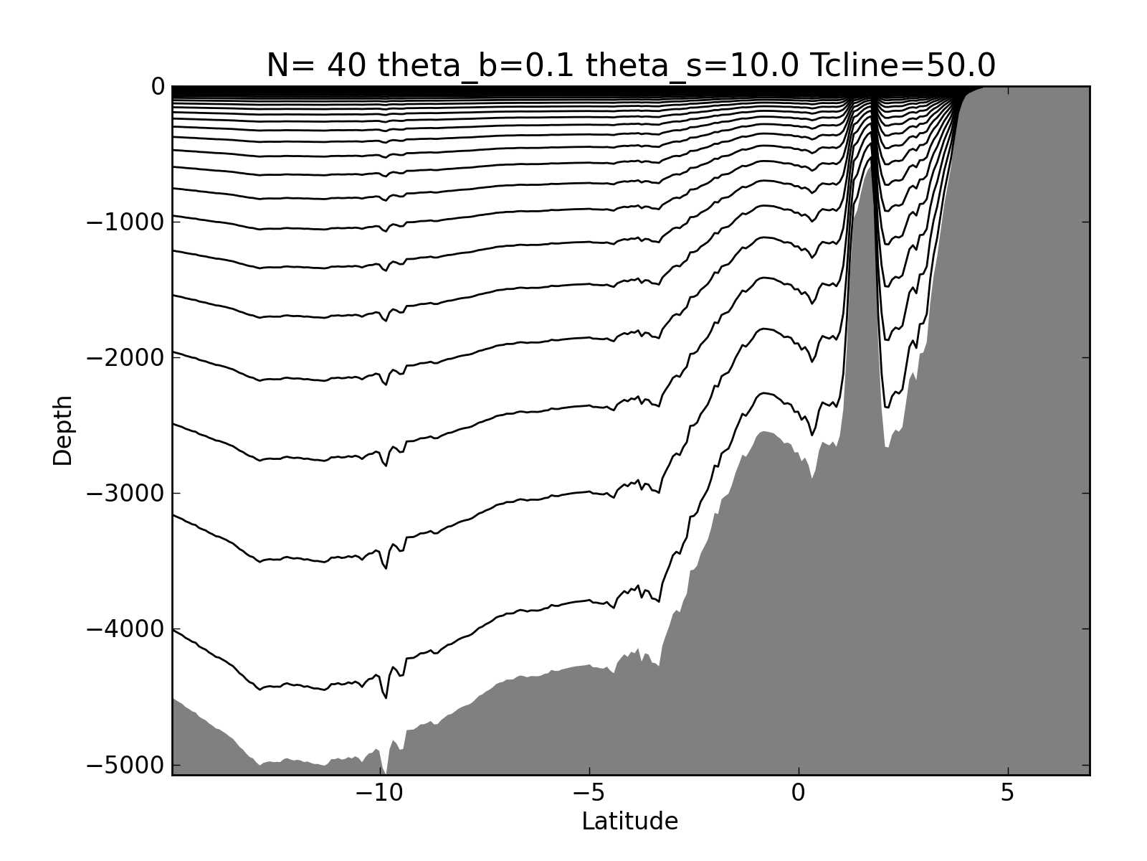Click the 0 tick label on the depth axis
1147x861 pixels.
[158, 88]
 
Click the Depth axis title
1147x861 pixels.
[63, 430]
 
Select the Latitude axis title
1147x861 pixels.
[629, 822]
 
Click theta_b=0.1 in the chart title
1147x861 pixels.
[477, 66]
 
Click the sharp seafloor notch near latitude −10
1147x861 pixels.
[384, 772]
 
